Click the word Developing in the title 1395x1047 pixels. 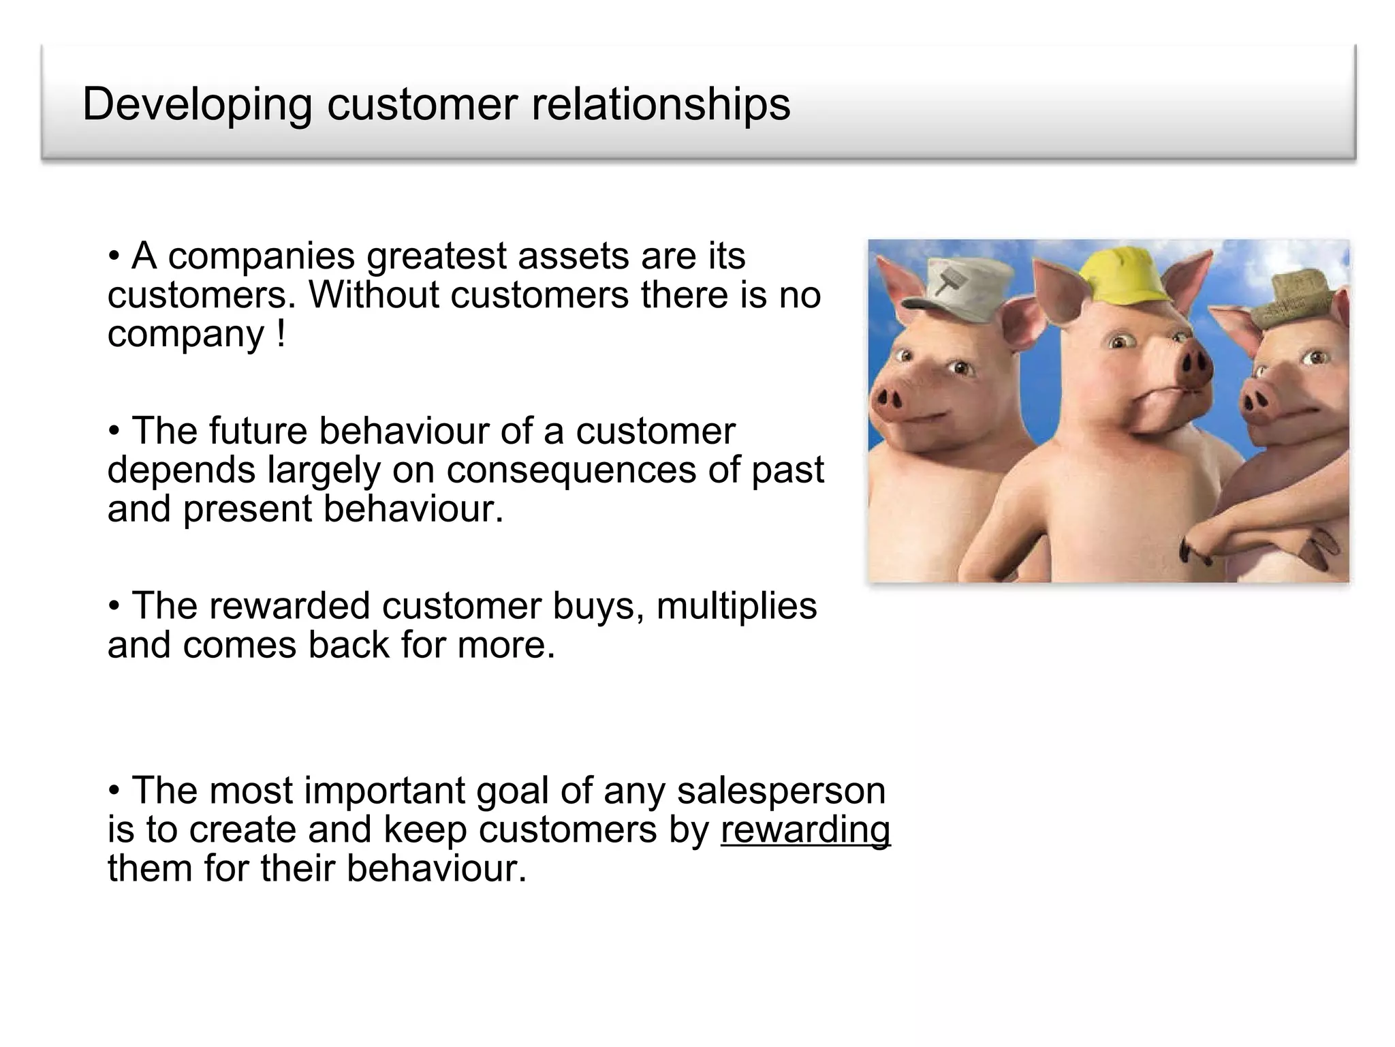[197, 105]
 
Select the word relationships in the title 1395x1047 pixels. [660, 105]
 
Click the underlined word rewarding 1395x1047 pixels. [805, 830]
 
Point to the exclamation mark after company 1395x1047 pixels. [281, 334]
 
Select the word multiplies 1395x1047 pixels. [736, 606]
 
